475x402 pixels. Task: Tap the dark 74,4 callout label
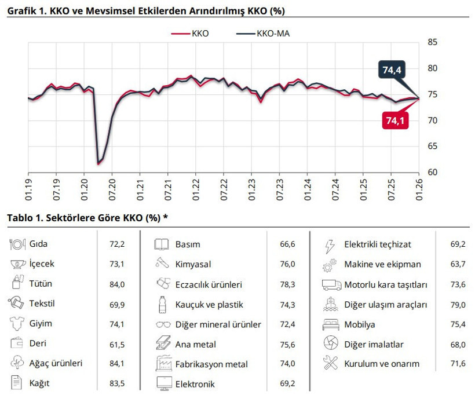tap(391, 71)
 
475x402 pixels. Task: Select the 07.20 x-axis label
tap(112, 187)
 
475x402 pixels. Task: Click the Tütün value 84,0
tap(117, 284)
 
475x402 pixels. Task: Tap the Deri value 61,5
tap(117, 344)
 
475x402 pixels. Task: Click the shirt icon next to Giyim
tap(17, 324)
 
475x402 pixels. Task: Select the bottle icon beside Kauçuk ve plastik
tap(162, 304)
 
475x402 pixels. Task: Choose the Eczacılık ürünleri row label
tap(209, 284)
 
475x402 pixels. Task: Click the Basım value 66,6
tap(287, 244)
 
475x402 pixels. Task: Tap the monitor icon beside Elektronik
tap(162, 384)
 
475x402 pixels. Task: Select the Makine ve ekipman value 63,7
tap(457, 264)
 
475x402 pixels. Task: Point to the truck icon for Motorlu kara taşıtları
tap(330, 284)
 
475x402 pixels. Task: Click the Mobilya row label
tap(359, 324)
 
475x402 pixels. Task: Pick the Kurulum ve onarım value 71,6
tap(457, 364)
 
